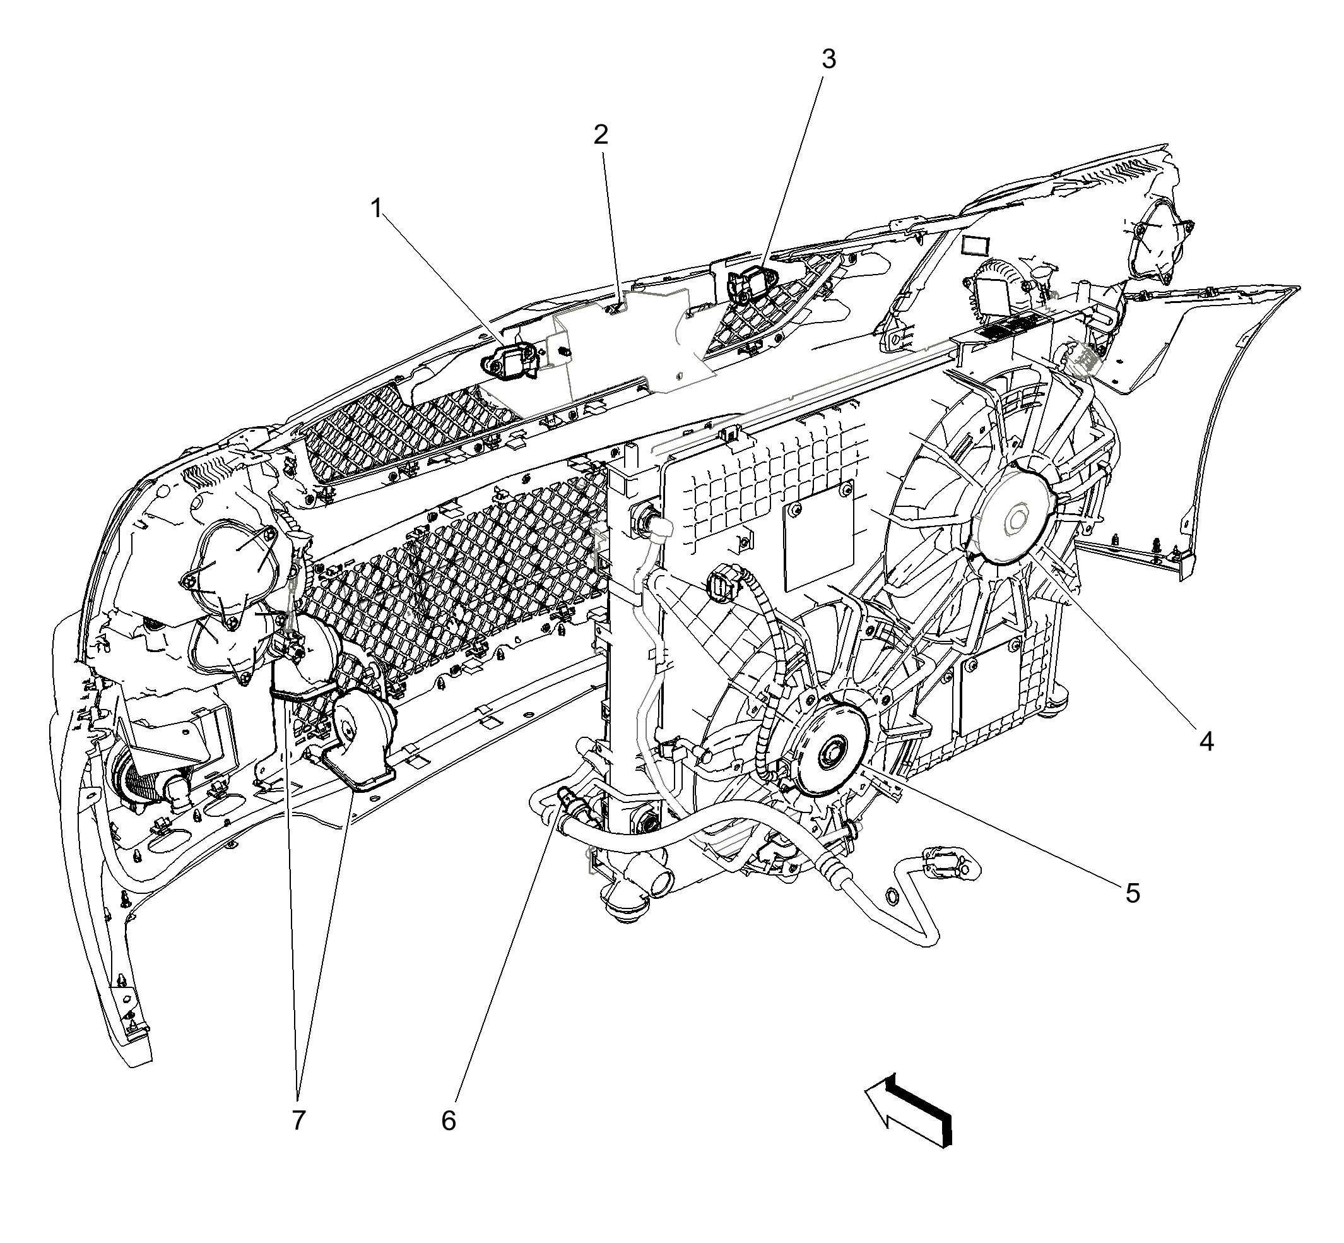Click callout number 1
tap(377, 208)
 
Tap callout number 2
tap(601, 135)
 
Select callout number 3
tap(828, 60)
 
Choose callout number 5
tap(1132, 893)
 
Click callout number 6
tap(449, 1121)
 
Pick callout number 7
tap(298, 1120)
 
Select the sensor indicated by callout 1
tap(511, 360)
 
